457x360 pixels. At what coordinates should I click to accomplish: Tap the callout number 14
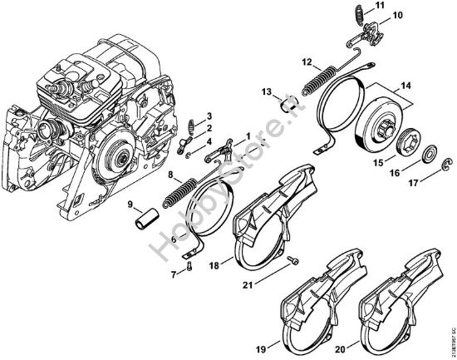pyautogui.click(x=407, y=85)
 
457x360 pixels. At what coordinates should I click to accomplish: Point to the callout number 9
pyautogui.click(x=130, y=205)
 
